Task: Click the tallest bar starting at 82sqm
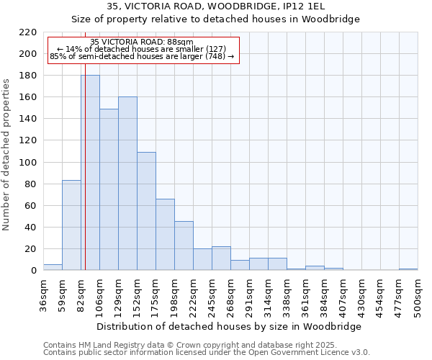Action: (x=90, y=173)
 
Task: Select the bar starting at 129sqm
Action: (x=127, y=184)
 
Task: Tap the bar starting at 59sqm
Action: (x=71, y=225)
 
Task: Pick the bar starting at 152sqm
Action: (x=146, y=211)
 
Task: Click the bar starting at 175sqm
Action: (x=165, y=235)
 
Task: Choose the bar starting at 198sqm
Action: (x=184, y=246)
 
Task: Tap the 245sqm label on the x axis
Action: (x=213, y=295)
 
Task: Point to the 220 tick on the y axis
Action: (x=29, y=32)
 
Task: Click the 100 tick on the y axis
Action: (x=29, y=163)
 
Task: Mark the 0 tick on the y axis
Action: (x=34, y=271)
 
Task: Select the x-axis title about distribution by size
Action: (x=228, y=326)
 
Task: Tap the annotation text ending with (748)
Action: (x=142, y=56)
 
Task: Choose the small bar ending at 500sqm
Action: (x=408, y=269)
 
